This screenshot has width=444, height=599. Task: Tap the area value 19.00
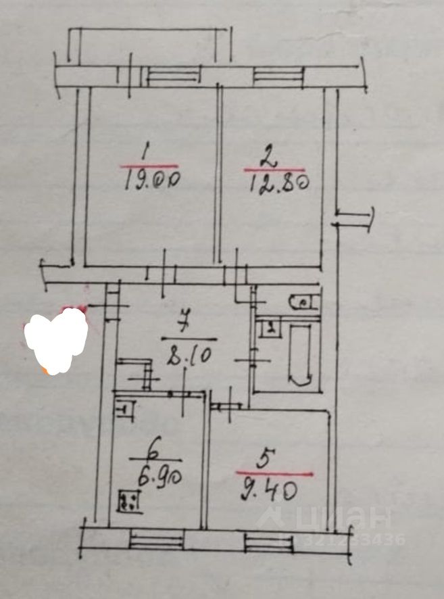click(154, 181)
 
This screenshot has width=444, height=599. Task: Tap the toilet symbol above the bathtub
click(302, 302)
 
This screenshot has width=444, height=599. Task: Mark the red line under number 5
click(274, 474)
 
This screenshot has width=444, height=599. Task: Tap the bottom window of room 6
click(156, 540)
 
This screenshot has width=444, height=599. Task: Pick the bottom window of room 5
click(265, 541)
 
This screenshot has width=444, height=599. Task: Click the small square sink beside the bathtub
click(270, 329)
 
